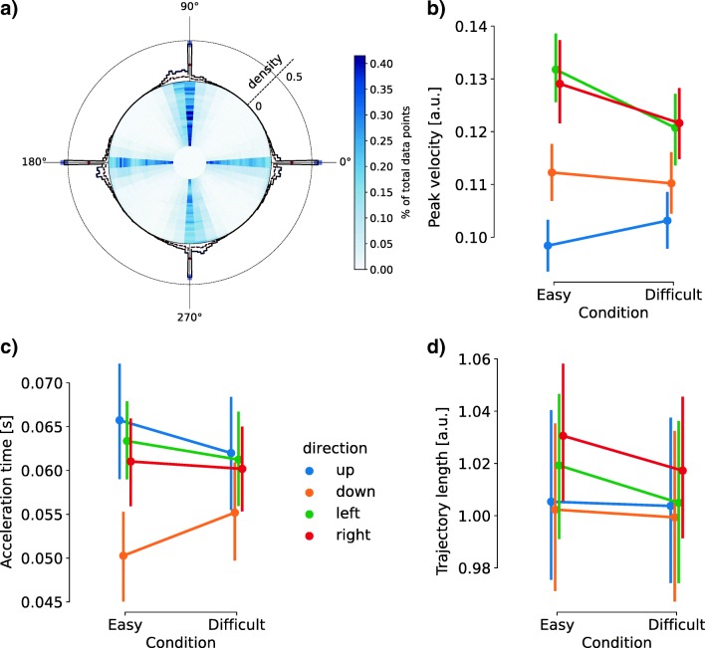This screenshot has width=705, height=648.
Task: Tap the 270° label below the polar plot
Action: coord(189,317)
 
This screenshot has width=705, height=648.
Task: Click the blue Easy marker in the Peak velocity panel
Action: coord(520,246)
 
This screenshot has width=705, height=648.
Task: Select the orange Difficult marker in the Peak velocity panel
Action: coord(670,183)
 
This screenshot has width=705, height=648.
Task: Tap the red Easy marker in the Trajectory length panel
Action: coord(564,436)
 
